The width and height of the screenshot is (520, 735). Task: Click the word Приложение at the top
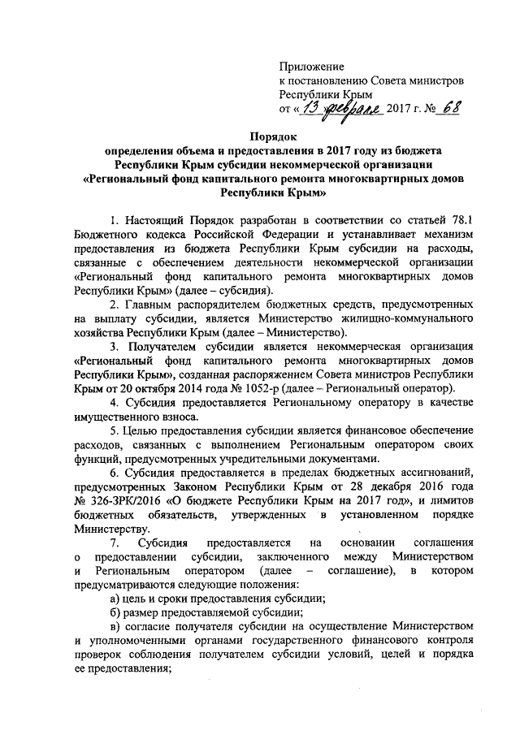tap(311, 65)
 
